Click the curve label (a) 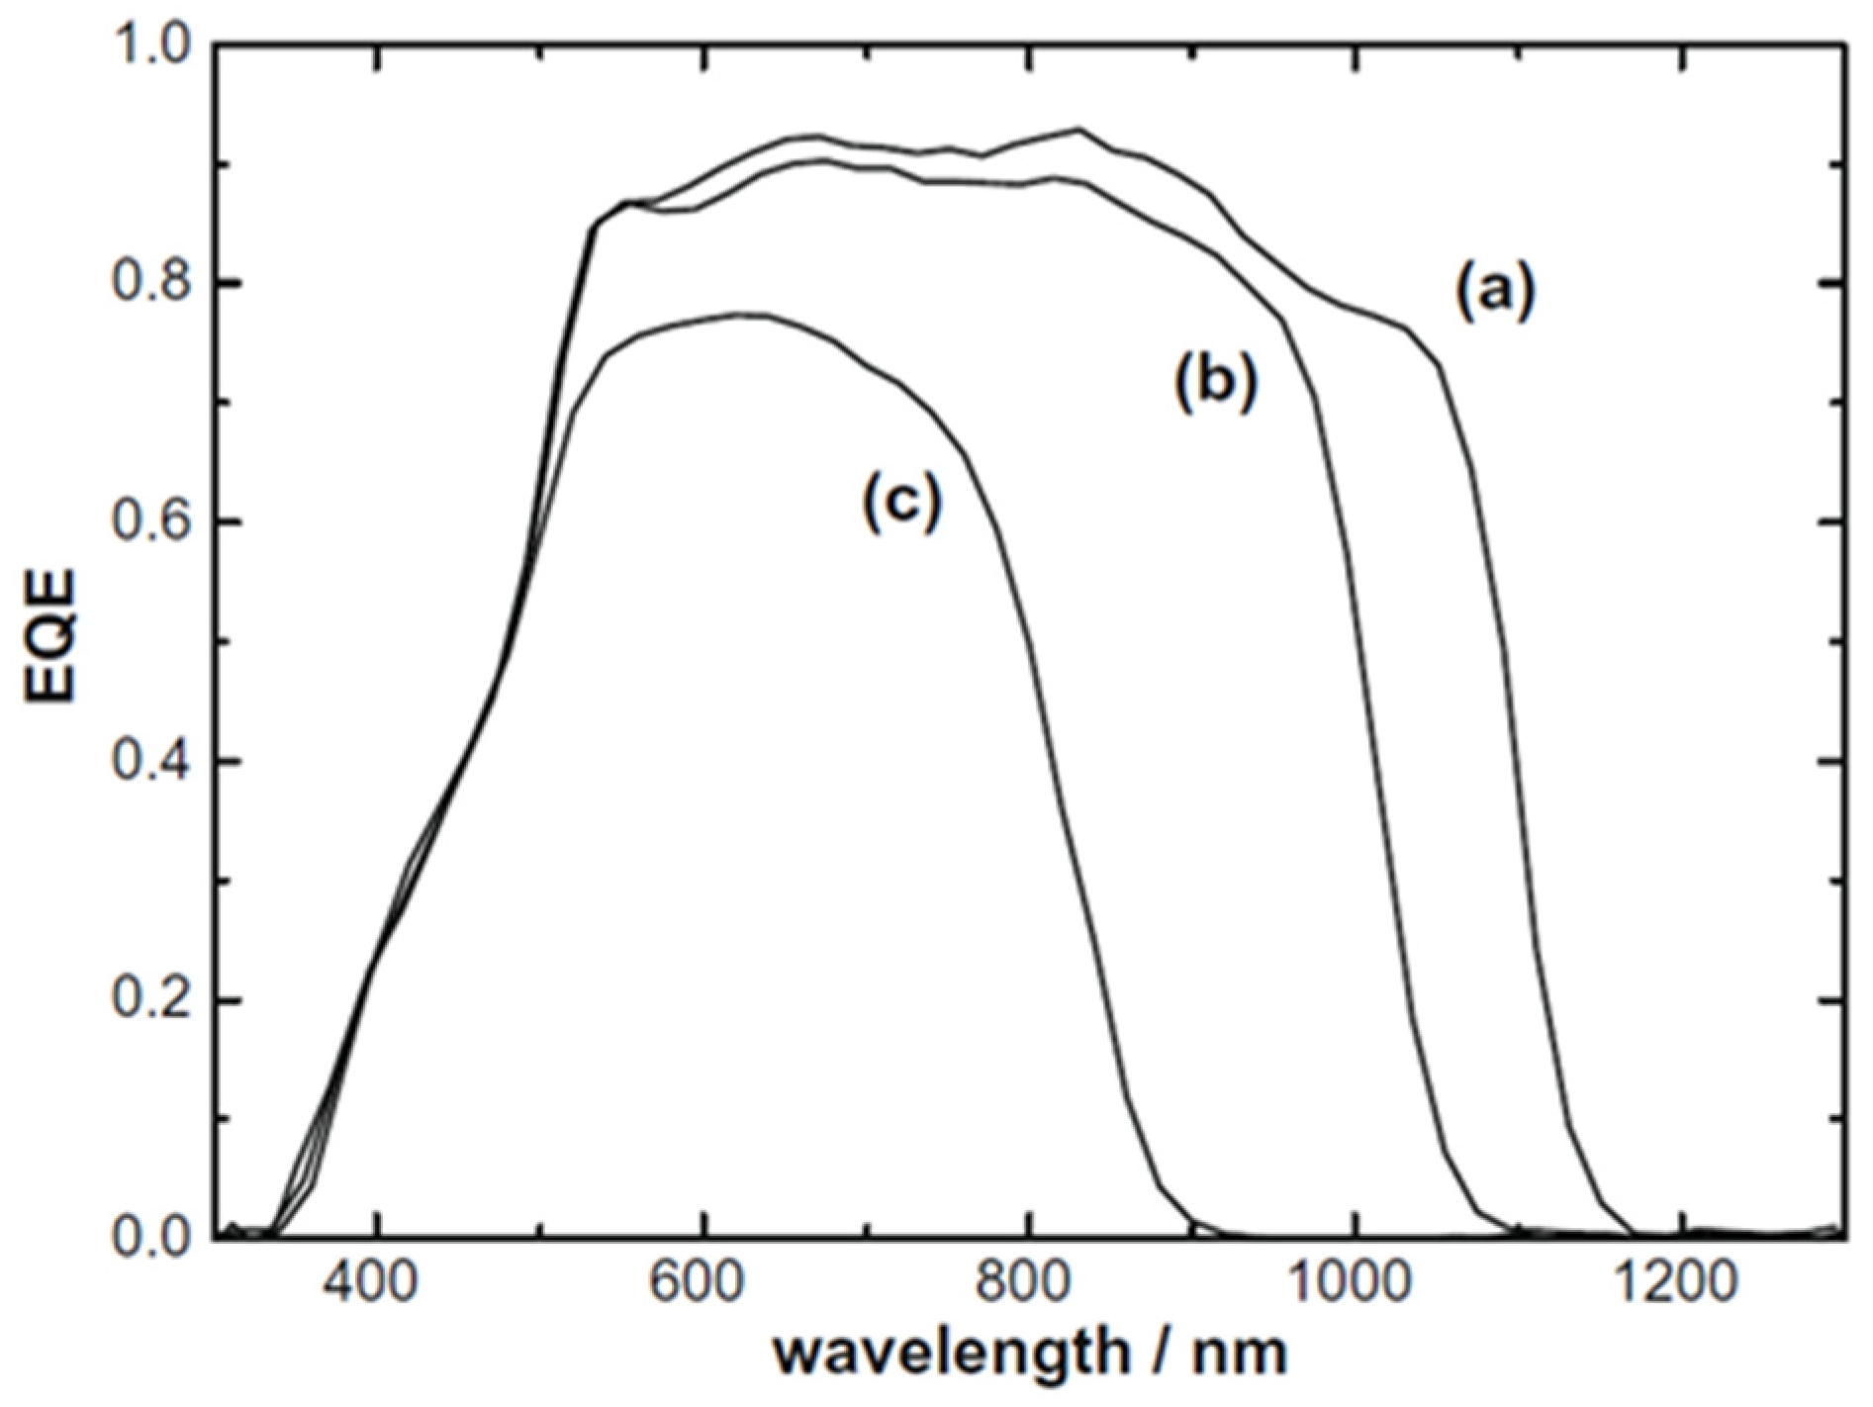[x=1494, y=292]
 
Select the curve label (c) [x=901, y=502]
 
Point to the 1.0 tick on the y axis [x=153, y=44]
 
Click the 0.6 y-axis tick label [x=153, y=521]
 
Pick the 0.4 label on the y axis [x=153, y=761]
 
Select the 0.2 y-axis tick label [x=153, y=999]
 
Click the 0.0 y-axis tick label [x=153, y=1238]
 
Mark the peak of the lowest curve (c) [x=737, y=314]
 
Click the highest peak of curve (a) [x=1077, y=129]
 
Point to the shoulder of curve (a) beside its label [x=1407, y=328]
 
